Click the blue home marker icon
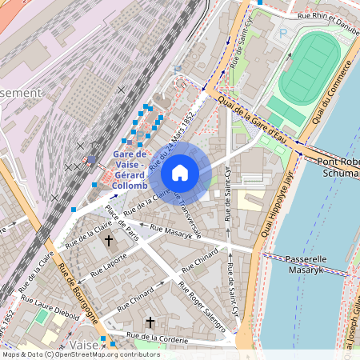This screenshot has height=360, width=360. [x=180, y=173]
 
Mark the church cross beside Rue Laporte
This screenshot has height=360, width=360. [x=110, y=241]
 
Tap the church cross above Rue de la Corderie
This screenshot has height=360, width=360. [x=150, y=322]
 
